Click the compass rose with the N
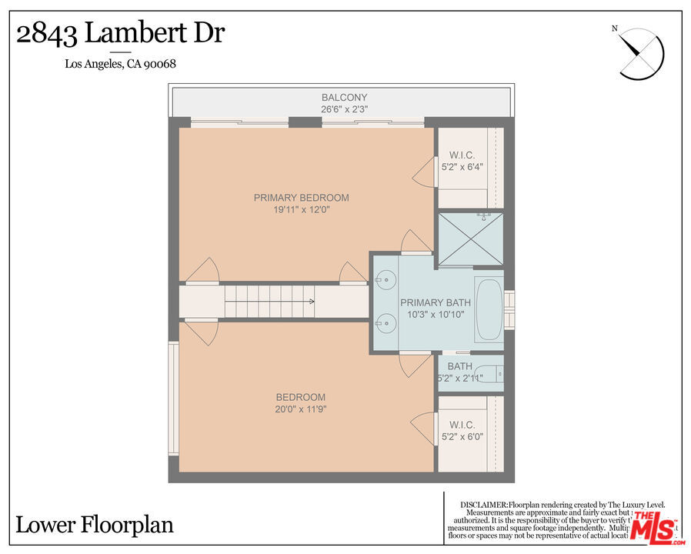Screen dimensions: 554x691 640,53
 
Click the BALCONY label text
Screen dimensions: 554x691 344,98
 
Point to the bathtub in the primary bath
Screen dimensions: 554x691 489,312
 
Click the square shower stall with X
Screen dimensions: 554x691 471,239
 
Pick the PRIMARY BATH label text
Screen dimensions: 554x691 435,302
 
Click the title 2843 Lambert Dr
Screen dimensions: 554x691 120,34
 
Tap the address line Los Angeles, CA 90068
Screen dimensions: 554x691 120,64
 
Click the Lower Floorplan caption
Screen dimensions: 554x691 95,526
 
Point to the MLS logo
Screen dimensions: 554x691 653,528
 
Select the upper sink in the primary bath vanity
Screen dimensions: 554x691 386,281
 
